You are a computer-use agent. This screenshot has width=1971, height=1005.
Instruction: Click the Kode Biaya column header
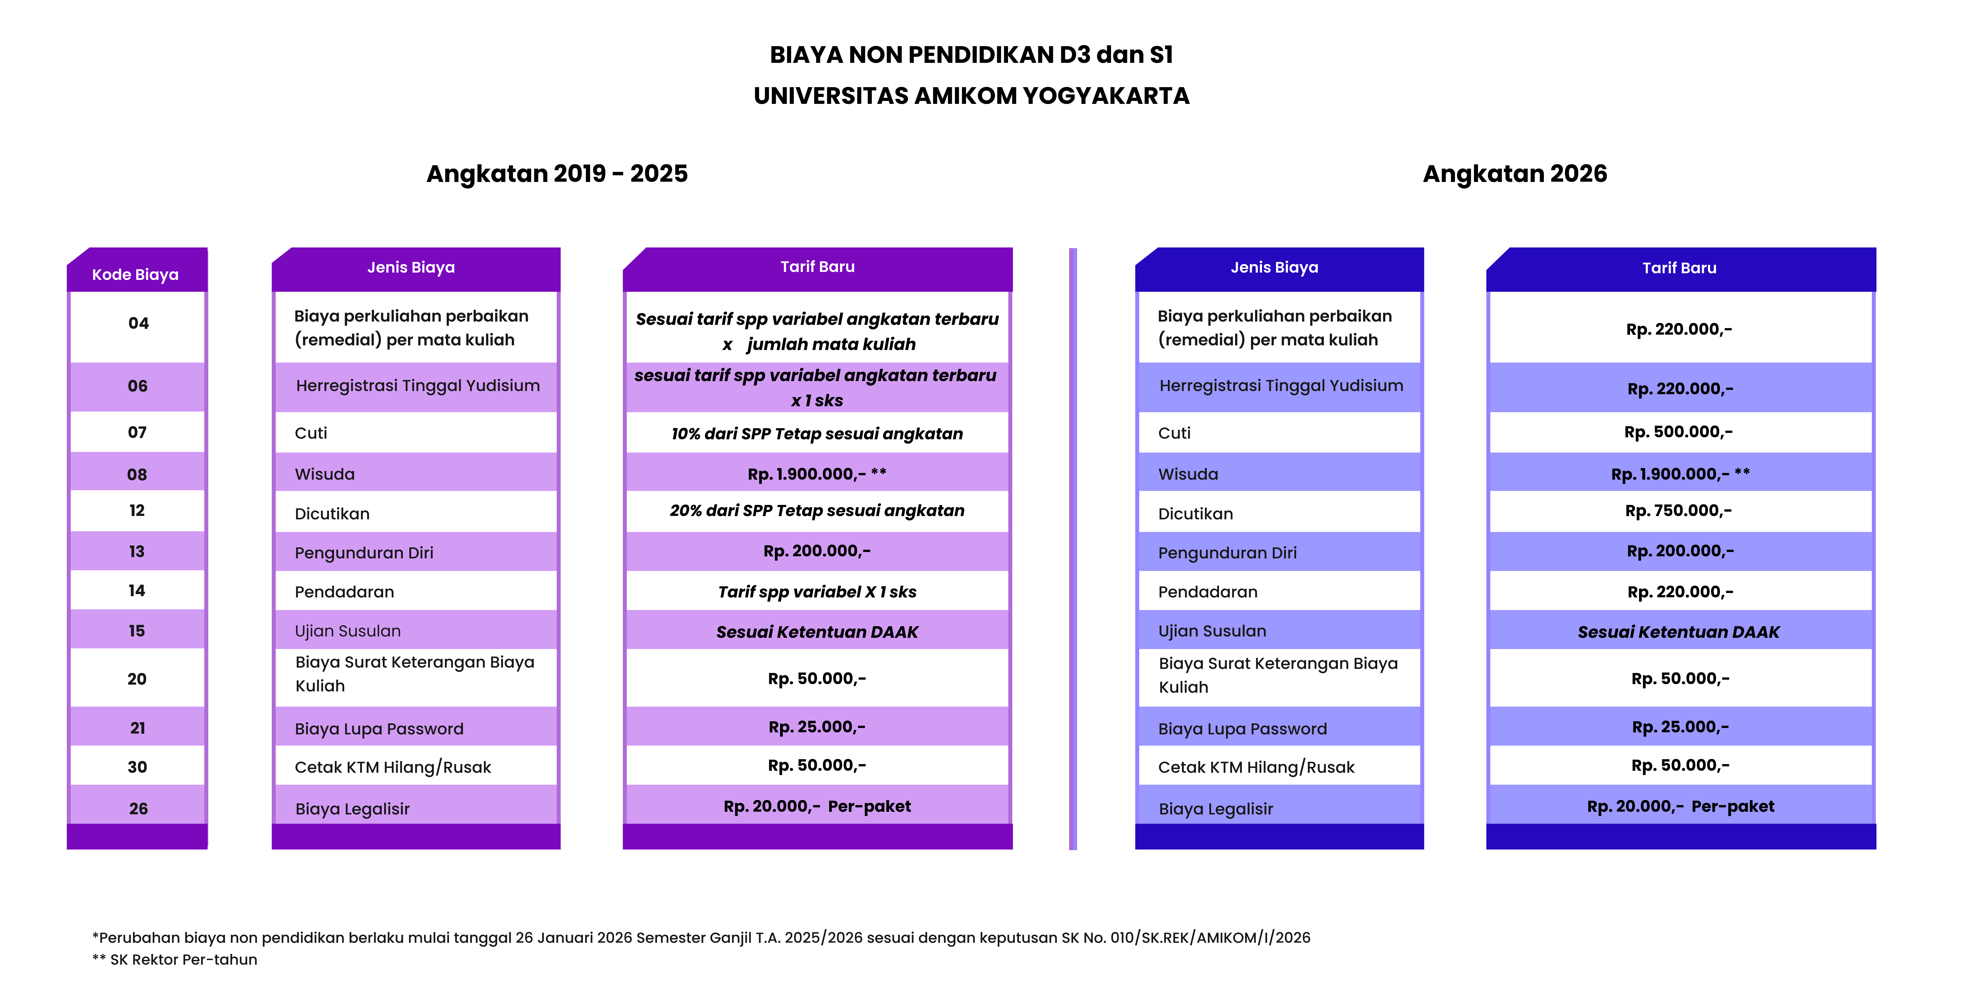click(x=135, y=274)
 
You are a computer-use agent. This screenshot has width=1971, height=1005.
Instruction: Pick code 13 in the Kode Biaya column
click(x=137, y=551)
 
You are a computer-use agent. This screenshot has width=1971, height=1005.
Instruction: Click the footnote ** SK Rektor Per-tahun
click(x=175, y=959)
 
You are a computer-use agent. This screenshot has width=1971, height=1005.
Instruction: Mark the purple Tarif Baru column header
click(x=817, y=266)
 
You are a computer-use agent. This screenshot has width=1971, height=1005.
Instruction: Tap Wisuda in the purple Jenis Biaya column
click(x=325, y=474)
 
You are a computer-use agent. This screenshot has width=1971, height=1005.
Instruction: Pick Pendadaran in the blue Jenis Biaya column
click(x=1207, y=592)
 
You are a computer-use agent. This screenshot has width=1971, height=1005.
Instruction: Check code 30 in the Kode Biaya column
click(x=138, y=767)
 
